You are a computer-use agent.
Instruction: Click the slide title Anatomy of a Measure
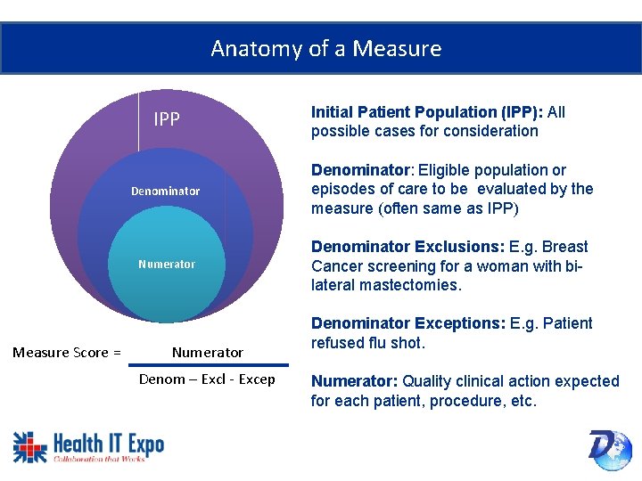pyautogui.click(x=325, y=48)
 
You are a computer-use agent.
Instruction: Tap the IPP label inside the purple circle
pyautogui.click(x=167, y=119)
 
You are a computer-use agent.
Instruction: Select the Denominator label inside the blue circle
pyautogui.click(x=166, y=191)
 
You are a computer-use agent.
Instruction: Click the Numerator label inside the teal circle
pyautogui.click(x=167, y=264)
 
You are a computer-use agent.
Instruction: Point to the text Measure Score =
pyautogui.click(x=67, y=352)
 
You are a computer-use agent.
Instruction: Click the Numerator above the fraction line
pyautogui.click(x=207, y=352)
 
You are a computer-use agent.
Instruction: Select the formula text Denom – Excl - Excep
pyautogui.click(x=207, y=380)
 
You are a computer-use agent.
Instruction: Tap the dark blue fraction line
pyautogui.click(x=210, y=365)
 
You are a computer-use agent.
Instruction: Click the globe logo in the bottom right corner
pyautogui.click(x=610, y=449)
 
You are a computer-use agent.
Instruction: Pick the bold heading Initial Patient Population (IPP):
pyautogui.click(x=427, y=112)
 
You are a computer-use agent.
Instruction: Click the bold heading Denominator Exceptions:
pyautogui.click(x=408, y=323)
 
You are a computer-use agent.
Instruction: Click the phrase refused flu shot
pyautogui.click(x=368, y=343)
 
